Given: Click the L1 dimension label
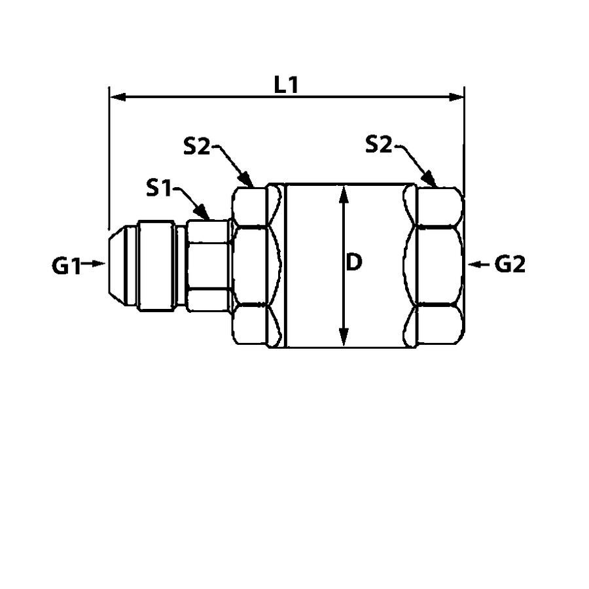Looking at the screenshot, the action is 286,85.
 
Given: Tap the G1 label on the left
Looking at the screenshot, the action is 66,266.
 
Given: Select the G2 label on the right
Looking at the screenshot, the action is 510,264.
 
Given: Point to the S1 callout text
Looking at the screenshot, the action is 158,188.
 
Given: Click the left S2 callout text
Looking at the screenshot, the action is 196,146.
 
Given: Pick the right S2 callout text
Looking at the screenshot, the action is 379,144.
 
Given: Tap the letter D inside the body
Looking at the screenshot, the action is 353,262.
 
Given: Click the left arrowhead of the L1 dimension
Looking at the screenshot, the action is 117,98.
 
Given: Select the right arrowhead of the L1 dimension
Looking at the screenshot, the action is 456,98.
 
